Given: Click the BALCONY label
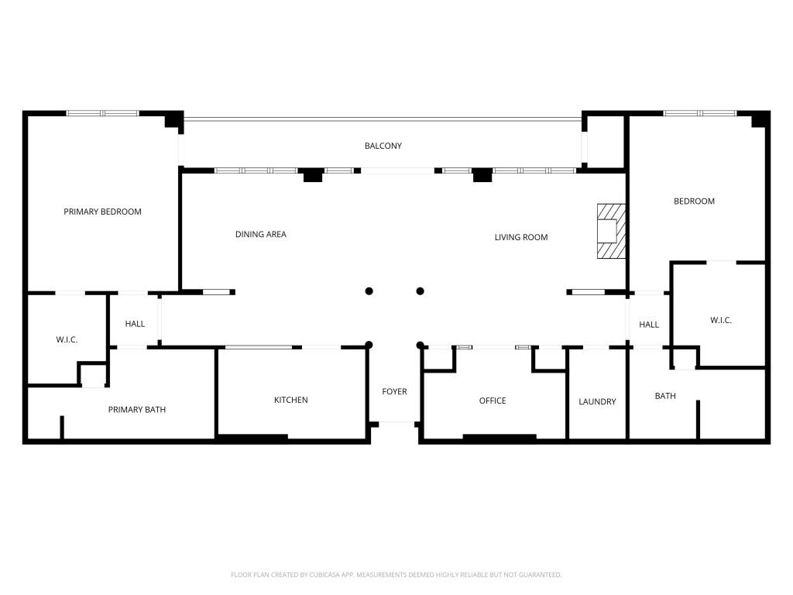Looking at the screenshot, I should click(383, 146).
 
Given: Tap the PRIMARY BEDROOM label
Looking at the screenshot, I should click(102, 212).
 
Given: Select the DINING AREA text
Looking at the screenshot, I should click(261, 234).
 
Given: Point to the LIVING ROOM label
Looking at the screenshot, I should click(521, 237).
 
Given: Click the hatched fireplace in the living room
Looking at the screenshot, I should click(610, 231).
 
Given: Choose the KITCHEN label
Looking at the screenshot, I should click(291, 400).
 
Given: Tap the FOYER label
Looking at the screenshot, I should click(394, 392).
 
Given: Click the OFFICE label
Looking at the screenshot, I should click(493, 401).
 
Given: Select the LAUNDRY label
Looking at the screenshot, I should click(597, 401).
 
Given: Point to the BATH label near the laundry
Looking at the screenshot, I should click(665, 396).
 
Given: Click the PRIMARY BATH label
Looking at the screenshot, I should click(136, 410).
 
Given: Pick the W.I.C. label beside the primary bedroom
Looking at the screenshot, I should click(67, 340).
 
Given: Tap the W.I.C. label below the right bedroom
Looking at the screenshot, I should click(721, 320).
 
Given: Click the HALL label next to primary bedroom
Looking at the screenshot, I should click(135, 324).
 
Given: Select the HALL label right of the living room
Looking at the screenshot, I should click(649, 325).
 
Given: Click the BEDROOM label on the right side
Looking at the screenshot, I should click(694, 201).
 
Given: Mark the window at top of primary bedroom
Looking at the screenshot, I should click(102, 114).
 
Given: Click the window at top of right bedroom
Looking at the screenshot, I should click(700, 114).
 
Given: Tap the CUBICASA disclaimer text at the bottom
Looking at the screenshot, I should click(396, 575).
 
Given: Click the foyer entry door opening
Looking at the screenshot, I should click(396, 423).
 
